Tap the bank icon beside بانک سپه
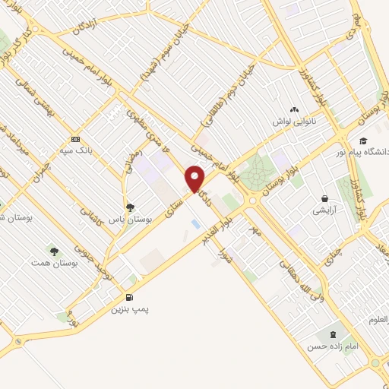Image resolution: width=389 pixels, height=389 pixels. [x=75, y=139]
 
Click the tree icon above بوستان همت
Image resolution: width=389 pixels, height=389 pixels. [x=53, y=250]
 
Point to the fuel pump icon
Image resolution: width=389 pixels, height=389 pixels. [x=129, y=297]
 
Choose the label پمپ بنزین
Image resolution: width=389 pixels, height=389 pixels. [x=128, y=310]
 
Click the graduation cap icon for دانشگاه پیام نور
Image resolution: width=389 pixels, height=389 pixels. [x=363, y=141]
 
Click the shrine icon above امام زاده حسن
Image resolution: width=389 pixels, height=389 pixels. [x=331, y=334]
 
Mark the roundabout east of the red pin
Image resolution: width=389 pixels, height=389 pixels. [x=251, y=201]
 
